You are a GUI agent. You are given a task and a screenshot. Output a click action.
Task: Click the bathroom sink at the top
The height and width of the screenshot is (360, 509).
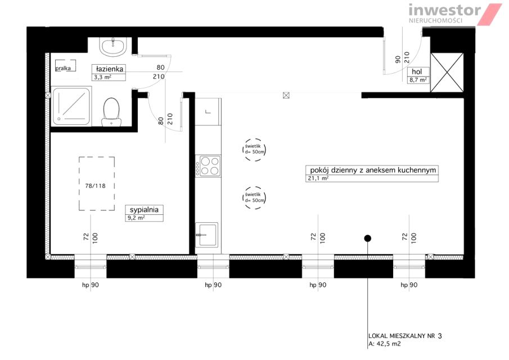click(112, 47)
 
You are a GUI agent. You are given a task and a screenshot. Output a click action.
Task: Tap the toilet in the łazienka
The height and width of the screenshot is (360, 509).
click(111, 112)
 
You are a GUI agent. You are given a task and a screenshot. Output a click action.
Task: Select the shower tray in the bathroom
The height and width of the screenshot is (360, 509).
click(71, 106)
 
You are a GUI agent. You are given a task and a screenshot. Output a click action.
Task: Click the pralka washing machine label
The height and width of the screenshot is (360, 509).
click(63, 69)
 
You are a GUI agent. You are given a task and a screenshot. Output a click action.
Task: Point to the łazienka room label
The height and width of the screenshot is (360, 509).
click(110, 69)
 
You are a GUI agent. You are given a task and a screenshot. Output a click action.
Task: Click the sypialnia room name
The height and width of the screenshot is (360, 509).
click(144, 209)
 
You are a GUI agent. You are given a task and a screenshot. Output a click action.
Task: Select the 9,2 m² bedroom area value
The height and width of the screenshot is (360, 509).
click(136, 218)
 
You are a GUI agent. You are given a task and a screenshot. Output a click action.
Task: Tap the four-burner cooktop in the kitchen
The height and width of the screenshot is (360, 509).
click(209, 166)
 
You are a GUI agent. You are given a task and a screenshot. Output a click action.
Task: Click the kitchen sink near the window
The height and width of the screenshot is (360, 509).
click(207, 235)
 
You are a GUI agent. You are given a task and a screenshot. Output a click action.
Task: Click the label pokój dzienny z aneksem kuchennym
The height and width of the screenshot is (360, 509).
click(373, 170)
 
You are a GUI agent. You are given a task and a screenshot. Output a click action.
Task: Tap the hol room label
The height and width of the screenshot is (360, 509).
click(417, 71)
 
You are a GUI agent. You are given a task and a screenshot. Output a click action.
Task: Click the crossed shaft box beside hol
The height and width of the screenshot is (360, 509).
click(447, 73)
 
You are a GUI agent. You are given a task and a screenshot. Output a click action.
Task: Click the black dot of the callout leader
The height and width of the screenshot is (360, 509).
click(367, 238)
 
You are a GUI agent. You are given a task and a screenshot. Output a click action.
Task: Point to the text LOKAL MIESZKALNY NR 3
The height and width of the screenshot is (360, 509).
click(405, 336)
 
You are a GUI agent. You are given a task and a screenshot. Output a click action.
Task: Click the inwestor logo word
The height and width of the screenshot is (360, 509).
click(444, 10)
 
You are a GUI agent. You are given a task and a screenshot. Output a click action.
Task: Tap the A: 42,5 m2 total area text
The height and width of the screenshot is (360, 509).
click(384, 344)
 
